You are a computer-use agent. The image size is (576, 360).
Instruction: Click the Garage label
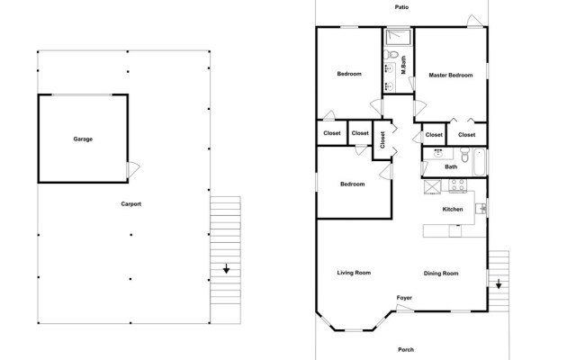pos(83,139)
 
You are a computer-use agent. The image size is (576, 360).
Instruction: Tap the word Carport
pos(131,204)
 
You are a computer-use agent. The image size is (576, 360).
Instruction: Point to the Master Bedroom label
pos(450,75)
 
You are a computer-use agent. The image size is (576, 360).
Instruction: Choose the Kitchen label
pos(452,209)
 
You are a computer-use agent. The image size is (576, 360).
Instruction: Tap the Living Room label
pos(354,273)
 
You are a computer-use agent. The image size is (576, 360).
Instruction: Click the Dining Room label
pos(441,273)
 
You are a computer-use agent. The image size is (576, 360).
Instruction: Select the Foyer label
pos(405,297)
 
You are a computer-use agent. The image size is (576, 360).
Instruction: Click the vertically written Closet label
pos(382,139)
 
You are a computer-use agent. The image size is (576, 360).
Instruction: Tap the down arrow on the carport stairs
pos(226,267)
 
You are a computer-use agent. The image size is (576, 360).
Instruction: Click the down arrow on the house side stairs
pos(499,283)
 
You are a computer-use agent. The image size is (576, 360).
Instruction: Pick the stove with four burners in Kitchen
pos(456,187)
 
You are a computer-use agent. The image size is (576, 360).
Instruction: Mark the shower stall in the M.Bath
pos(397,38)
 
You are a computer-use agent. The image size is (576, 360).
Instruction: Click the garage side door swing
pos(133,168)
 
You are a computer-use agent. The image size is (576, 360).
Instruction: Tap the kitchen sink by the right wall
pos(481,209)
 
